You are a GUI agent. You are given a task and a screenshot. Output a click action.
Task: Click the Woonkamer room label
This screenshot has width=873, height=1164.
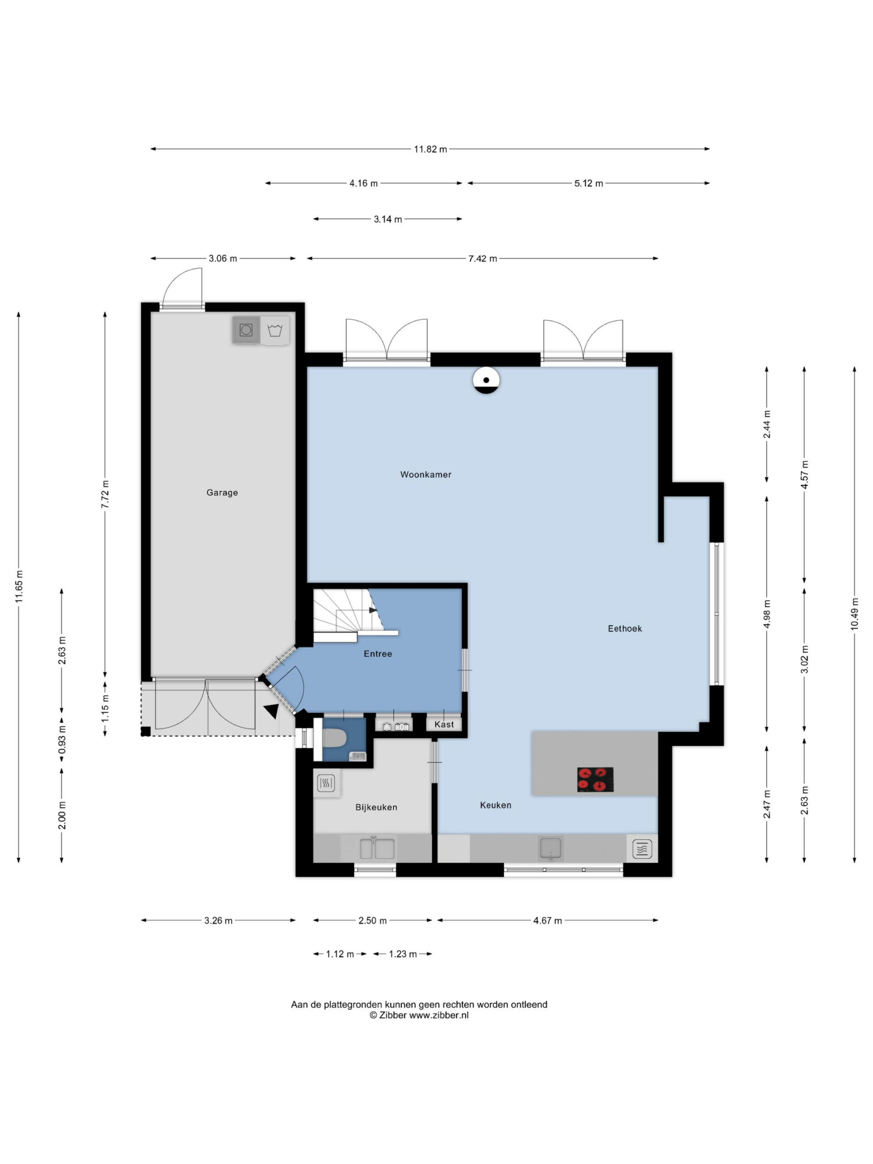(425, 474)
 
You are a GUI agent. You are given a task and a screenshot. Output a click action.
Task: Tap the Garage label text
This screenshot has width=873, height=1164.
(222, 492)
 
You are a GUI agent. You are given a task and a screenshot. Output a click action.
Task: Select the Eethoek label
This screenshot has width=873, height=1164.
(625, 628)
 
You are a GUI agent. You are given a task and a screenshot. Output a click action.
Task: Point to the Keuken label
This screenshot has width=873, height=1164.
(495, 805)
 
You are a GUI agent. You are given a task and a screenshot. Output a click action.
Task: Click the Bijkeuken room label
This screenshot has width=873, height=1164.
(376, 807)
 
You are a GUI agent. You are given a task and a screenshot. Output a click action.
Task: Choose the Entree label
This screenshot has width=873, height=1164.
(378, 653)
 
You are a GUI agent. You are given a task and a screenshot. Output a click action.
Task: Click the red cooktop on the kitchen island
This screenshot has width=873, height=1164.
(595, 779)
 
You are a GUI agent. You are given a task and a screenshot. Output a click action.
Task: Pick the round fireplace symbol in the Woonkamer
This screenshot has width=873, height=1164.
(486, 380)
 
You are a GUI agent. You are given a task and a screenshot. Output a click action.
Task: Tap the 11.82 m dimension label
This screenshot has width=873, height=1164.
(430, 150)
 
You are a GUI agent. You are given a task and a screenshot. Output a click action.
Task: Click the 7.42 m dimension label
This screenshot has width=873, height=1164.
(482, 259)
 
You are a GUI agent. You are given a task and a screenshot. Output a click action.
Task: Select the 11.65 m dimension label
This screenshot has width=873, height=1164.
(19, 586)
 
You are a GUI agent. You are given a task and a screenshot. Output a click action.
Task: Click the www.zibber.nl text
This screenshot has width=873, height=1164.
(438, 1016)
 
